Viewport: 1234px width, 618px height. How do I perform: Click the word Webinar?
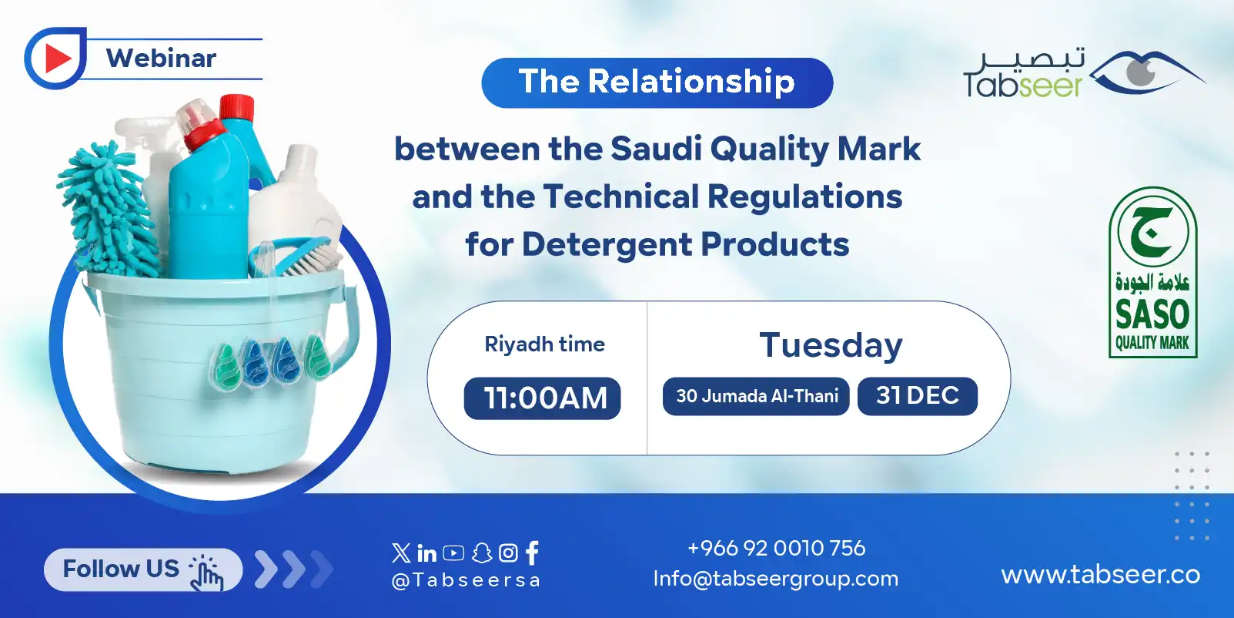tap(161, 59)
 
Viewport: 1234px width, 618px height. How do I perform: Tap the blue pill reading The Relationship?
tap(657, 82)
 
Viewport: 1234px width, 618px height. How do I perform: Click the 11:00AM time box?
tap(542, 398)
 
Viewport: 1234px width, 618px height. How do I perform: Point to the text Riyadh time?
tap(544, 344)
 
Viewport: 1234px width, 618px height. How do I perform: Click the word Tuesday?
tap(830, 345)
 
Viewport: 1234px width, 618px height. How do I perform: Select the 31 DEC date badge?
tap(917, 396)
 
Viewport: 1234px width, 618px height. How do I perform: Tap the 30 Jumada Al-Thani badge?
tap(756, 396)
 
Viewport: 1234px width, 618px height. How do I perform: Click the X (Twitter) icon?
tap(401, 553)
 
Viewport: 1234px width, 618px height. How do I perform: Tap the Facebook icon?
tap(532, 553)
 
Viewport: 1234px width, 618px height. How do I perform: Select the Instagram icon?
tap(508, 553)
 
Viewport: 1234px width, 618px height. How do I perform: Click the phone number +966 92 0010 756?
tap(776, 548)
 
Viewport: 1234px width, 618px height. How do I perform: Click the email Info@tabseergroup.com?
tap(775, 579)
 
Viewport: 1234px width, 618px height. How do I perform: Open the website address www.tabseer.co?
tap(1100, 575)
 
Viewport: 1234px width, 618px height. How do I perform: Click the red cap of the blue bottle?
tap(236, 106)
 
